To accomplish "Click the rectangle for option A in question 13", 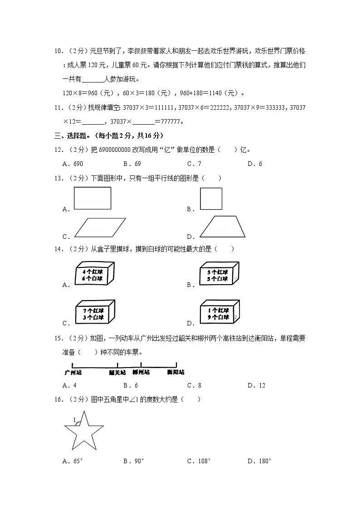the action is [92, 199].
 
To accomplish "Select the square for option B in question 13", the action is [211, 199].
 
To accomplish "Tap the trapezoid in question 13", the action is [223, 227].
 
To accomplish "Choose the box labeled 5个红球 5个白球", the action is [219, 274].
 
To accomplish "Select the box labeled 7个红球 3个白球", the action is [95, 313].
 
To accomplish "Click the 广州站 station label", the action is [73, 372].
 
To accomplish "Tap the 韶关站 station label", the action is [117, 373].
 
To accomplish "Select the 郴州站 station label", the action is [141, 373].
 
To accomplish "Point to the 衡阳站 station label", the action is [175, 373].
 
